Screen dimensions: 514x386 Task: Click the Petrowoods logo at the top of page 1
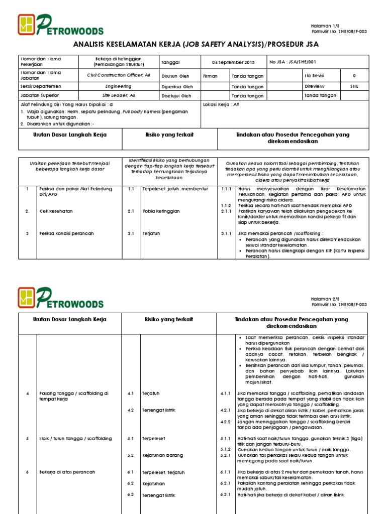(60, 25)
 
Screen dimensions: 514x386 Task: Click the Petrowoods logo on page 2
(60, 298)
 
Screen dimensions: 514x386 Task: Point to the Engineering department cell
(119, 86)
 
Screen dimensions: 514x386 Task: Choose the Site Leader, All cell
(119, 95)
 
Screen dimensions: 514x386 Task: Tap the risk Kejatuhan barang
(162, 455)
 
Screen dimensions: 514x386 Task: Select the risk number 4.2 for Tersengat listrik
(130, 410)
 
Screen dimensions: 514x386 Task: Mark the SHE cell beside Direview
(354, 86)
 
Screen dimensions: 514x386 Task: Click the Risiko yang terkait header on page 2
(169, 319)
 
